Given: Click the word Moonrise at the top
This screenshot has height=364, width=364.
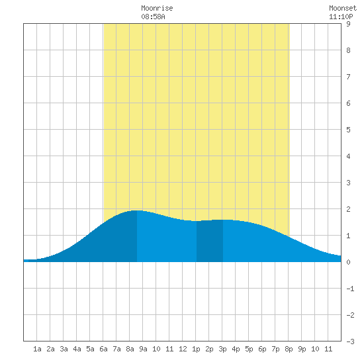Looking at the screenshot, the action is pyautogui.click(x=157, y=9).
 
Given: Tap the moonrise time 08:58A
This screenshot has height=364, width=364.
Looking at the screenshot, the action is pyautogui.click(x=153, y=17).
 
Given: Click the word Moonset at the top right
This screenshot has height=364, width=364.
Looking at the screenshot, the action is pyautogui.click(x=343, y=9).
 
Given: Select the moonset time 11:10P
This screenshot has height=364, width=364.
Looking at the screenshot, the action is pyautogui.click(x=341, y=17).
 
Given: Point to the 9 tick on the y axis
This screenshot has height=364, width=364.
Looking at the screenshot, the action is pyautogui.click(x=348, y=24).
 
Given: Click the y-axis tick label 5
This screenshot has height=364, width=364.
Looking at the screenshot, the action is pyautogui.click(x=348, y=130).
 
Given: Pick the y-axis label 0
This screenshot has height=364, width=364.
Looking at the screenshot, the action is pyautogui.click(x=348, y=262).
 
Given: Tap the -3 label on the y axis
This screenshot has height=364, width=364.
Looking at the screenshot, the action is pyautogui.click(x=350, y=341).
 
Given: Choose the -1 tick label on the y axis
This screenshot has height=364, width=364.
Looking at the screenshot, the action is pyautogui.click(x=350, y=289).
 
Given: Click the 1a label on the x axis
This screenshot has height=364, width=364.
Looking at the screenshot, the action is pyautogui.click(x=37, y=349).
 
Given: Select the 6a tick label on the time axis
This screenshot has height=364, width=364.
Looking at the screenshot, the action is pyautogui.click(x=103, y=349).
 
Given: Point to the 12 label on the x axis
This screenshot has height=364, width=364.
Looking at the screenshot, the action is pyautogui.click(x=183, y=349).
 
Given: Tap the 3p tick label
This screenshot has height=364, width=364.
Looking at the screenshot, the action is pyautogui.click(x=222, y=349).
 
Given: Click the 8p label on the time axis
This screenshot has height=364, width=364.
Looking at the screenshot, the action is pyautogui.click(x=289, y=349).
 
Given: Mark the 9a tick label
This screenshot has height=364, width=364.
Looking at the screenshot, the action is pyautogui.click(x=143, y=349).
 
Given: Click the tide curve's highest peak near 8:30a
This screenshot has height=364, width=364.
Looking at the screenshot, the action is pyautogui.click(x=137, y=210).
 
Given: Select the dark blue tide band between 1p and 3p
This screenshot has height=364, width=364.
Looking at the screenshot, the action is pyautogui.click(x=210, y=241).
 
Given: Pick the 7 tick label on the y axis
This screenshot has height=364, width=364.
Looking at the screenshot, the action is pyautogui.click(x=348, y=77).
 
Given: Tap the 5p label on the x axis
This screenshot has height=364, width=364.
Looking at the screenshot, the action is pyautogui.click(x=249, y=349).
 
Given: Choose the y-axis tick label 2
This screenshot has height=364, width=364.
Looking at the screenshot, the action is pyautogui.click(x=348, y=209).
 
